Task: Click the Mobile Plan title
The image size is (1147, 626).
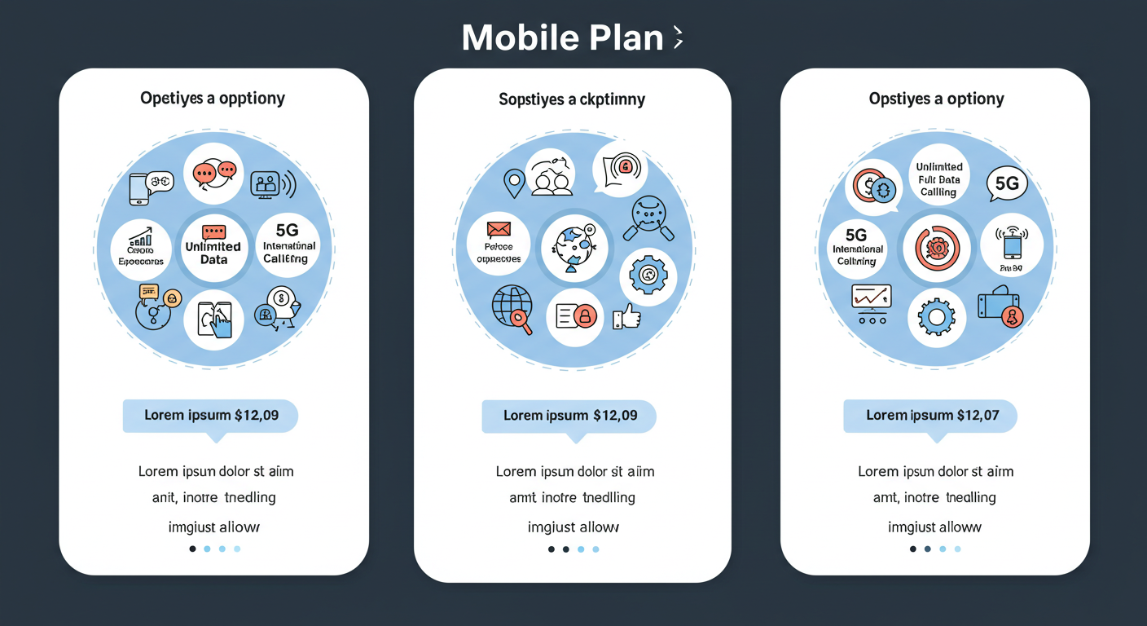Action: pos(562,37)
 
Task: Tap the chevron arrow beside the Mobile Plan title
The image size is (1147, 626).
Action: pos(678,37)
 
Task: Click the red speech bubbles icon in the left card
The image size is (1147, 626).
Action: pos(214,173)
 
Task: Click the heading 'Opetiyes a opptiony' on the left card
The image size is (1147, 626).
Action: pos(213,99)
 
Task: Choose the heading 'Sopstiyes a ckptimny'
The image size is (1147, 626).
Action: pos(572,99)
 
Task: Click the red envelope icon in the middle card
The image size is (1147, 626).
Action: pos(498,229)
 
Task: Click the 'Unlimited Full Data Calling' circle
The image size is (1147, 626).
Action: pos(938,179)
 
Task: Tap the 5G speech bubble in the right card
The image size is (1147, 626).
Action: pos(1007,184)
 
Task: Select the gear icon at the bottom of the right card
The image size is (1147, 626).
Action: pos(936,315)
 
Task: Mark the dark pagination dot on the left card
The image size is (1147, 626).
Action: pos(192,549)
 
